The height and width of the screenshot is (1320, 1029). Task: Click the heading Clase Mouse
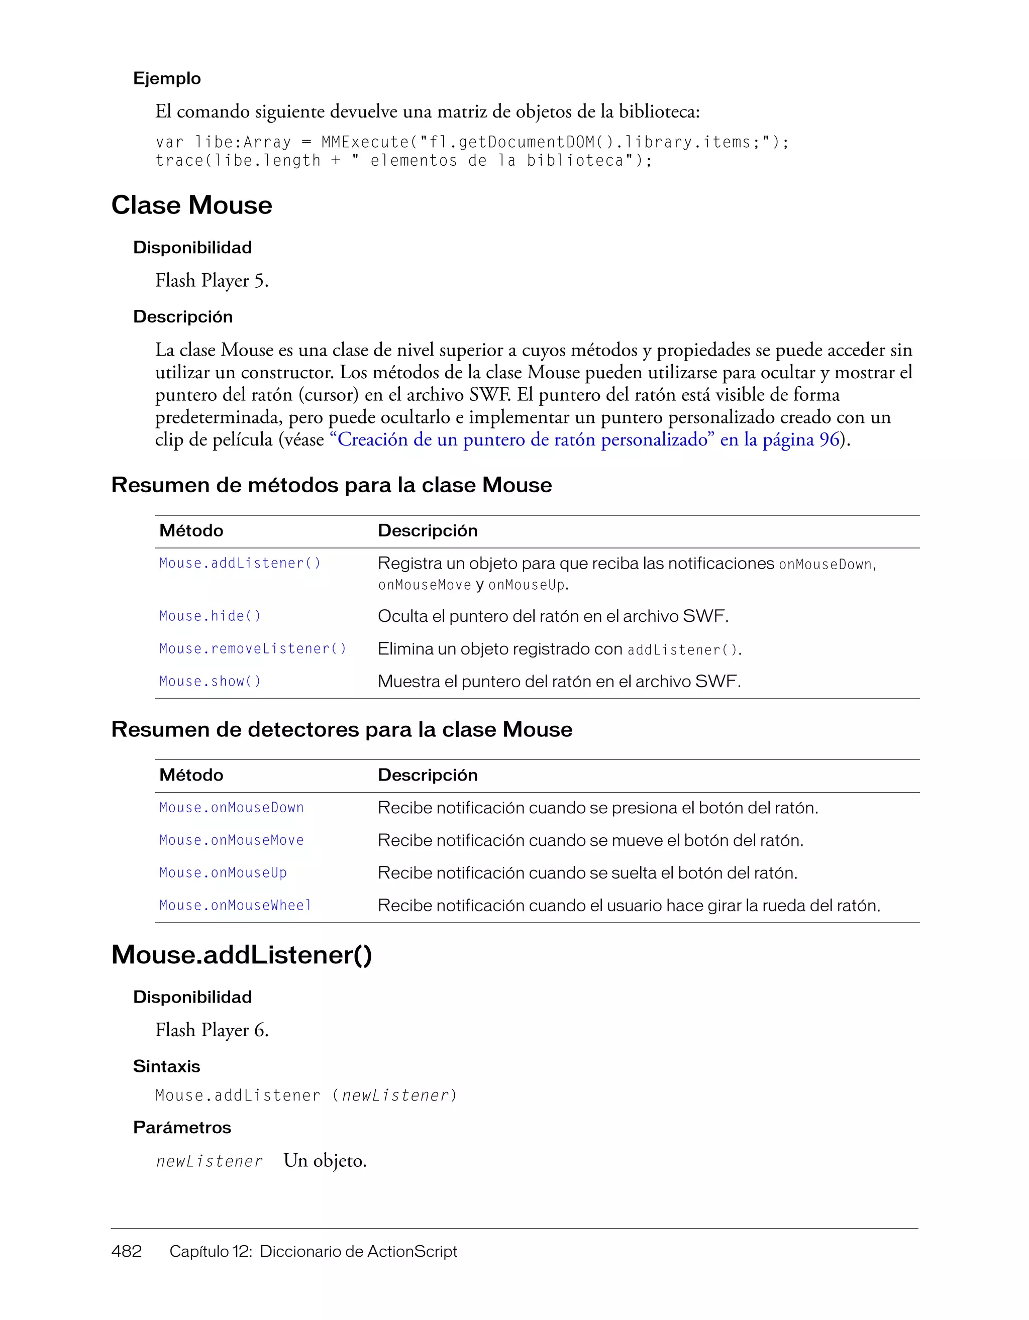point(191,205)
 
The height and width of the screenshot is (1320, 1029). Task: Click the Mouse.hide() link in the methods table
point(210,616)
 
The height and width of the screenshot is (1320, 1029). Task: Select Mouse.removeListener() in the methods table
point(253,648)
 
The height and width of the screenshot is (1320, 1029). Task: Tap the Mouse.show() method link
point(210,681)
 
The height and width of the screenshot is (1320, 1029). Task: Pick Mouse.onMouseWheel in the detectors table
point(235,906)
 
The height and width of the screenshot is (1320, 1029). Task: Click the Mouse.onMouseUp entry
point(223,873)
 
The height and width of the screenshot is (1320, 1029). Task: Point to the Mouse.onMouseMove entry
point(232,840)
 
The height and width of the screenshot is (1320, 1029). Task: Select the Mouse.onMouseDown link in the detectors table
point(232,808)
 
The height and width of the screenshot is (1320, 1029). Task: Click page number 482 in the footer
point(126,1251)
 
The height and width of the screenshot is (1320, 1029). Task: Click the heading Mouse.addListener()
point(241,955)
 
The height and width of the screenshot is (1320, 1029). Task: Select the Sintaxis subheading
point(166,1066)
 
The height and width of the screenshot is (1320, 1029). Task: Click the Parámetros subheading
point(182,1127)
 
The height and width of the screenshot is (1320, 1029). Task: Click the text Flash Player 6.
point(212,1030)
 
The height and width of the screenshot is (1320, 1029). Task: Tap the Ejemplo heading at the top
point(167,78)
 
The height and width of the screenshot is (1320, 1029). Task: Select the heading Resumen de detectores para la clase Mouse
point(342,729)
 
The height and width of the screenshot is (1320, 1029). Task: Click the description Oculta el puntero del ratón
point(553,616)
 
